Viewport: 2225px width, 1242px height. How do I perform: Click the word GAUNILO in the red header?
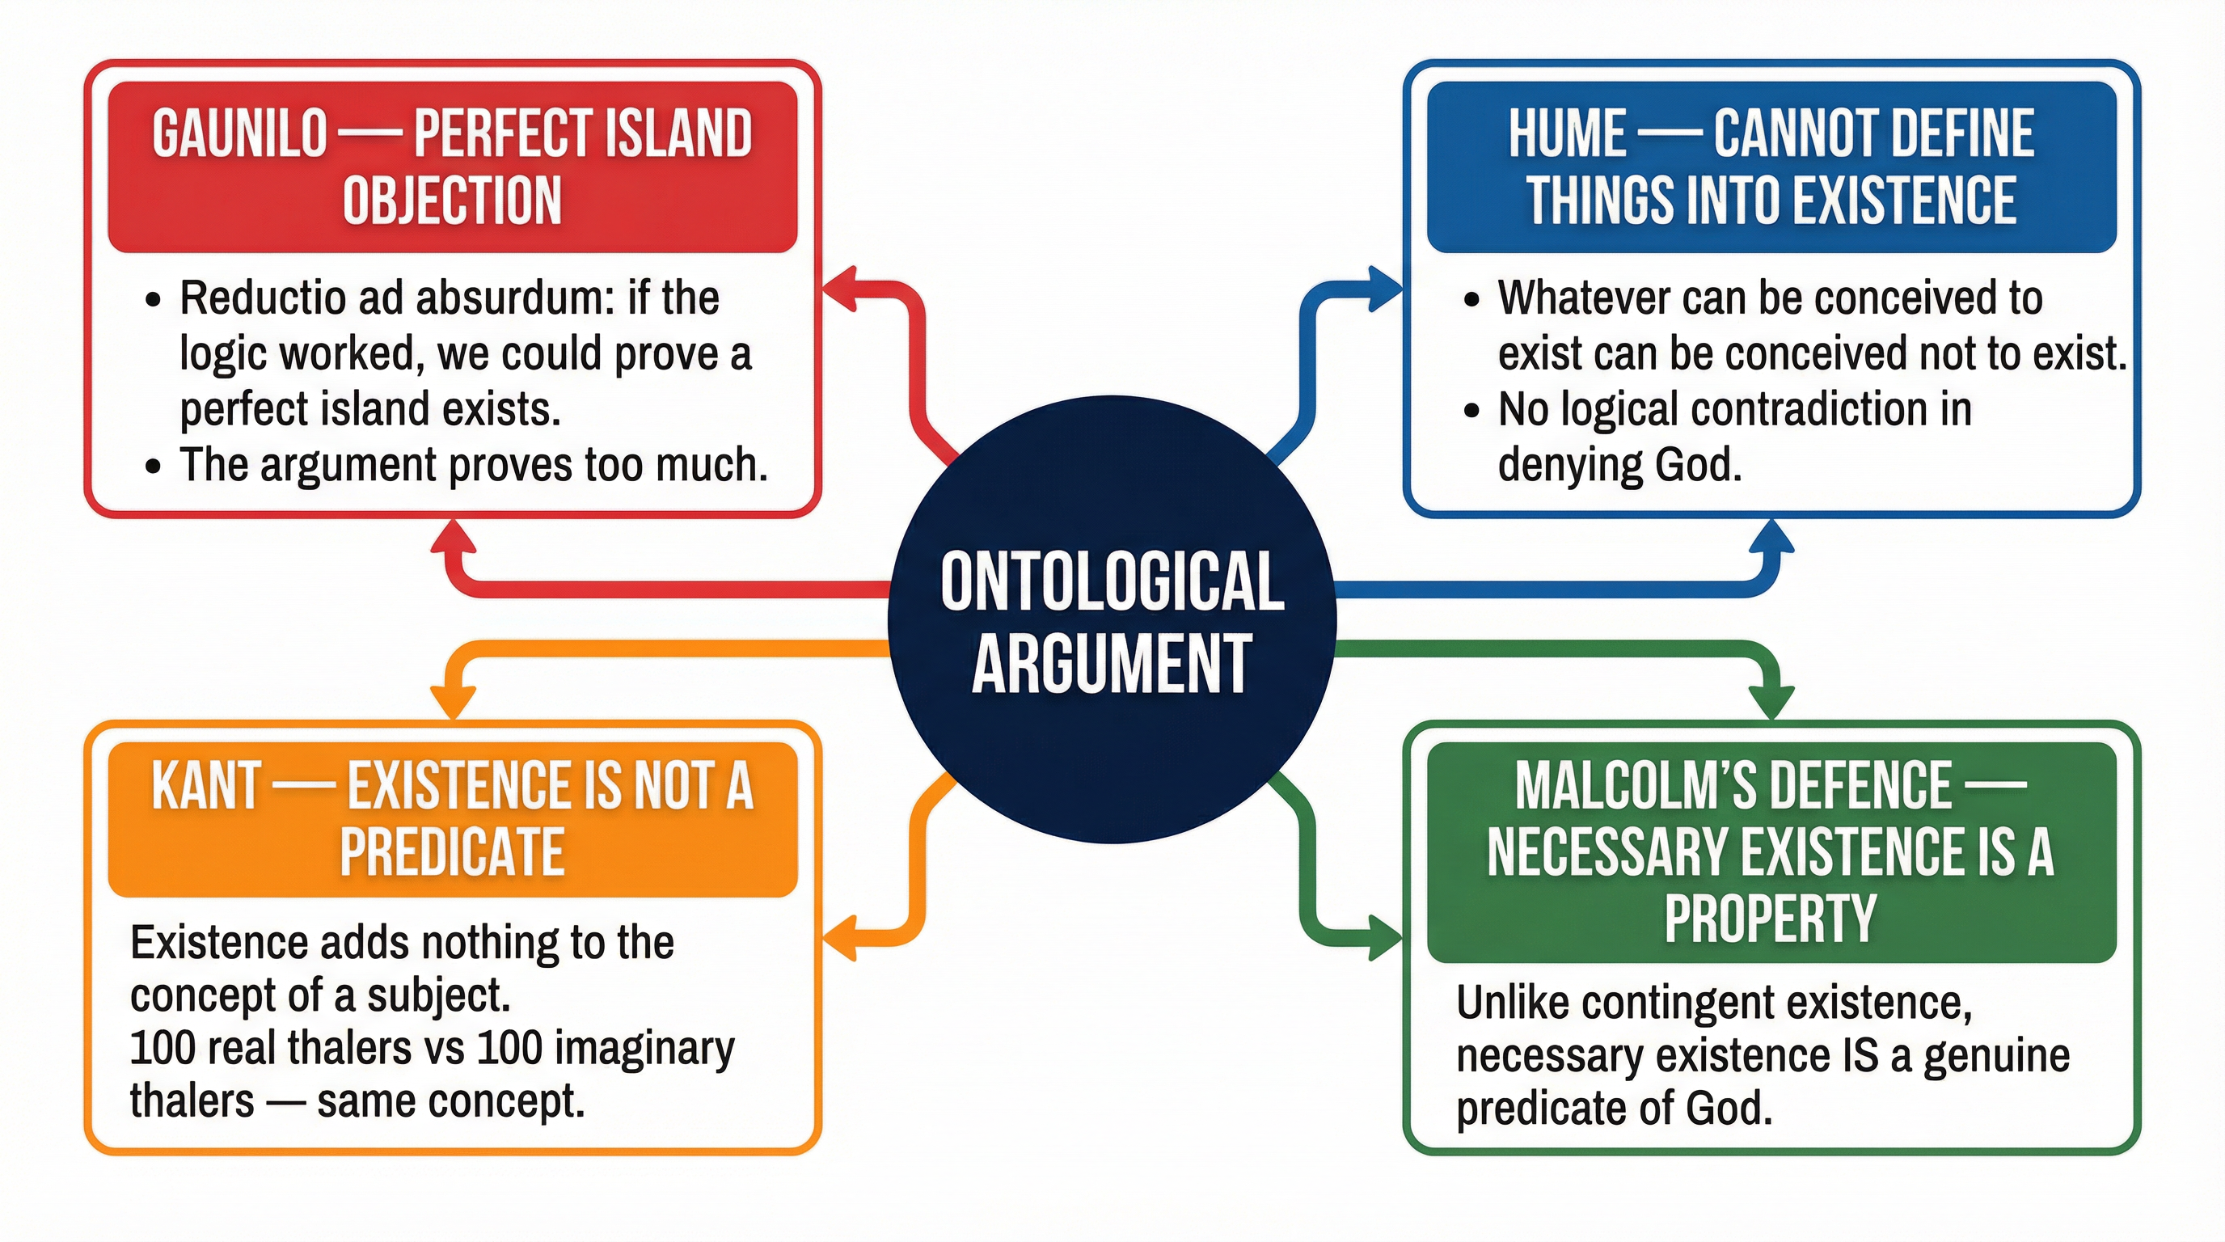click(240, 135)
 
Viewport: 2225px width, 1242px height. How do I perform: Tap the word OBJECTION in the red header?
click(453, 201)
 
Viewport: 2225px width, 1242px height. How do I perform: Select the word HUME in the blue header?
click(1567, 135)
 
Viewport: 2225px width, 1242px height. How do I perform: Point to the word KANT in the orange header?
click(205, 786)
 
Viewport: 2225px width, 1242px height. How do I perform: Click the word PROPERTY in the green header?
click(1771, 917)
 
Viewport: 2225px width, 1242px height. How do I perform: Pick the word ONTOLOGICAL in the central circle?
click(1112, 583)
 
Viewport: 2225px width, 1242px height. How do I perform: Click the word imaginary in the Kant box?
click(644, 1049)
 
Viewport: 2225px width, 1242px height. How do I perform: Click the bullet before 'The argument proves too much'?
click(154, 467)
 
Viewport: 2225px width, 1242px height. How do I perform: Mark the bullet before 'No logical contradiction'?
click(1471, 411)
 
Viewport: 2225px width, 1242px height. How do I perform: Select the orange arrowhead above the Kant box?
click(453, 699)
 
